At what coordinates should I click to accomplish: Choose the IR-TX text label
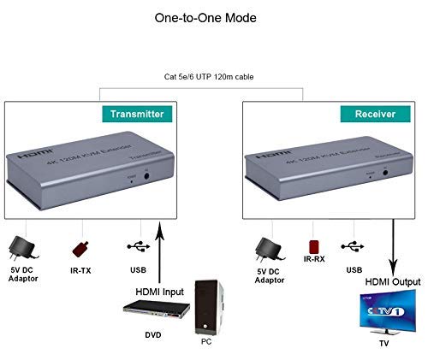click(x=83, y=273)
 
